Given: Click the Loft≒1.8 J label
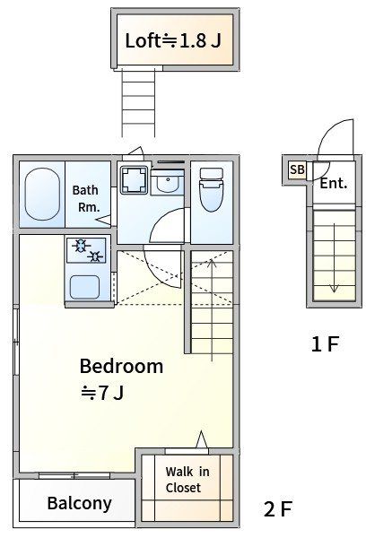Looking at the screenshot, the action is pos(173,40).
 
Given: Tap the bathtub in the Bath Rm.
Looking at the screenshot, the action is pos(42,194).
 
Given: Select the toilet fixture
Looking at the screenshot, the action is pos(211,189).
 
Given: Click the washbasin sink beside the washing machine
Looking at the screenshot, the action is pos(167,183).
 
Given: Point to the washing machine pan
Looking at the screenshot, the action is pos(134,179).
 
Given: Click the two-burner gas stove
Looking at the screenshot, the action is pos(86,250).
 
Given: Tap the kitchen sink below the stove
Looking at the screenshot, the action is pos(85,287).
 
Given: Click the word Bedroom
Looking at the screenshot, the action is pos(121,366).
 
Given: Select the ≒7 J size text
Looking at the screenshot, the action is pos(102,393).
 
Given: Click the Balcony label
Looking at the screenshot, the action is pos(79,503).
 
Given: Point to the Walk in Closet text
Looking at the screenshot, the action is pos(187,480).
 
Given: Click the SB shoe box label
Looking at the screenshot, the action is pos(297,169).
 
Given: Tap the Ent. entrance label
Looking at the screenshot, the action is pos(334,183).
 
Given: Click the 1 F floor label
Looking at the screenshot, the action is pos(325,343).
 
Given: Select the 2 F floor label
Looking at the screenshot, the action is pos(278,508).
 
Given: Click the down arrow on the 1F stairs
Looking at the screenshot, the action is pos(334,258).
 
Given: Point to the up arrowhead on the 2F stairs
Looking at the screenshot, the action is pos(212,263).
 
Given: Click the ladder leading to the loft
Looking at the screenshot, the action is pos(138,102).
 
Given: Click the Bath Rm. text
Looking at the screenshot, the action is pos(85,199).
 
